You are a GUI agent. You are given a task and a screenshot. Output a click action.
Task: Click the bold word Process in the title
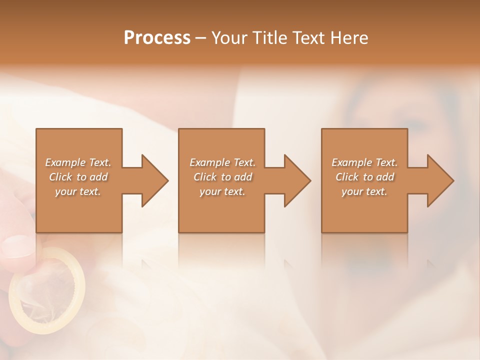click(157, 38)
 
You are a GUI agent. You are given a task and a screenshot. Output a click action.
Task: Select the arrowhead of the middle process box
click(296, 180)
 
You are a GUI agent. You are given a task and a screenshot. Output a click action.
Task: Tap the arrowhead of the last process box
click(439, 180)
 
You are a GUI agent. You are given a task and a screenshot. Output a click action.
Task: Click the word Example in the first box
click(65, 162)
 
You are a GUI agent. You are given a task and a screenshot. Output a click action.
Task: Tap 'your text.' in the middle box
click(222, 191)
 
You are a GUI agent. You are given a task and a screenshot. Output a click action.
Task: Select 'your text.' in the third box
click(364, 191)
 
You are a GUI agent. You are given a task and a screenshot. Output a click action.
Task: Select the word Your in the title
click(227, 38)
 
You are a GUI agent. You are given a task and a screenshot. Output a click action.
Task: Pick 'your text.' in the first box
click(77, 191)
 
